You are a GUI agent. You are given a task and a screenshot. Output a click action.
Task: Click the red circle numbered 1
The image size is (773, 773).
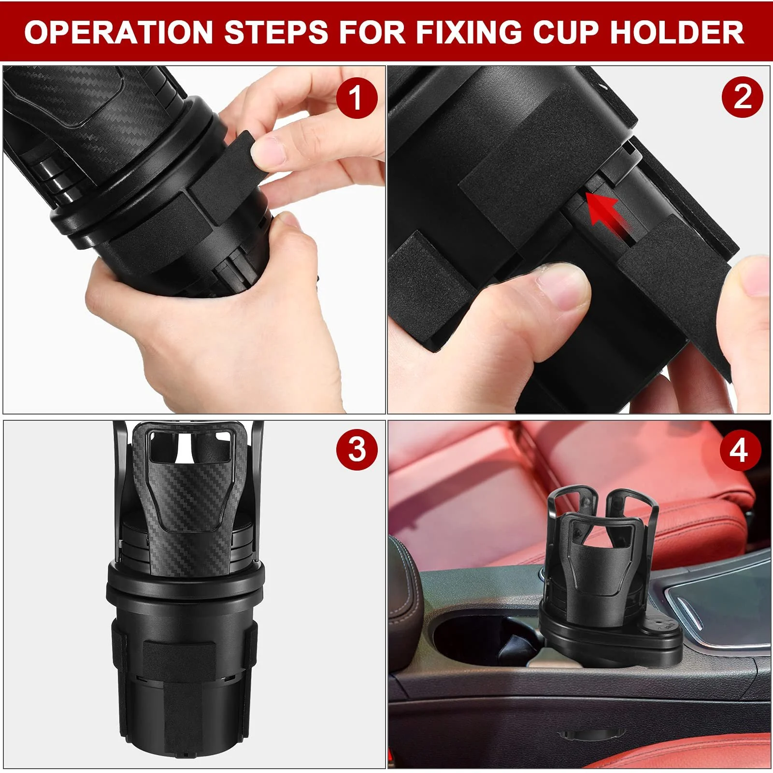(x=357, y=99)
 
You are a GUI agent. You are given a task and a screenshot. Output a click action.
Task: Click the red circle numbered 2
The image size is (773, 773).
(x=742, y=99)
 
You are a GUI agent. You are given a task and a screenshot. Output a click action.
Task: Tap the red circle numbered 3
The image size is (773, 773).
(x=357, y=449)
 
